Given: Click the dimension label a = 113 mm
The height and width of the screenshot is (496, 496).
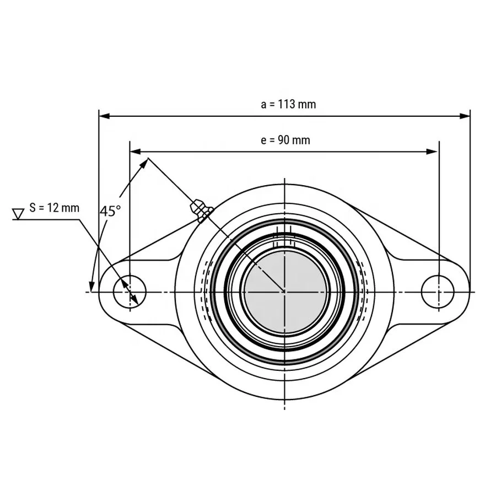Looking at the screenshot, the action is (288, 104).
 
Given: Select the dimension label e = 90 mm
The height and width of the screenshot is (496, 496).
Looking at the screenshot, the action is (285, 140).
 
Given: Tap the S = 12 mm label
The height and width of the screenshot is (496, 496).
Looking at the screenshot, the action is (54, 208).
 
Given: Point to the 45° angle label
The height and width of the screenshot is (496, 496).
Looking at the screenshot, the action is (110, 211).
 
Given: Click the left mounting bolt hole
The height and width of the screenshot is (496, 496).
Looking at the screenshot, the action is (130, 290).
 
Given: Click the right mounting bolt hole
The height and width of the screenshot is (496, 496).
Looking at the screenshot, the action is (438, 290).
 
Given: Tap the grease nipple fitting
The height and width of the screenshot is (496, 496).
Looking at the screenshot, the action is (200, 211).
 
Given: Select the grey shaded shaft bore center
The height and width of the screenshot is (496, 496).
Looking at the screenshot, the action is (284, 291).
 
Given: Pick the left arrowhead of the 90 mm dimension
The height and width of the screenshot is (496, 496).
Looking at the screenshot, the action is (134, 150).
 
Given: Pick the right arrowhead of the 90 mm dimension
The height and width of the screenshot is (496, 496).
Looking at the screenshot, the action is (434, 150).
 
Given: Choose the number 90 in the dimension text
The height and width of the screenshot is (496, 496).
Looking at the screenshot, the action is (283, 140).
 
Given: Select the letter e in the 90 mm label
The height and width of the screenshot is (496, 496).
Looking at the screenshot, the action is (263, 141).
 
